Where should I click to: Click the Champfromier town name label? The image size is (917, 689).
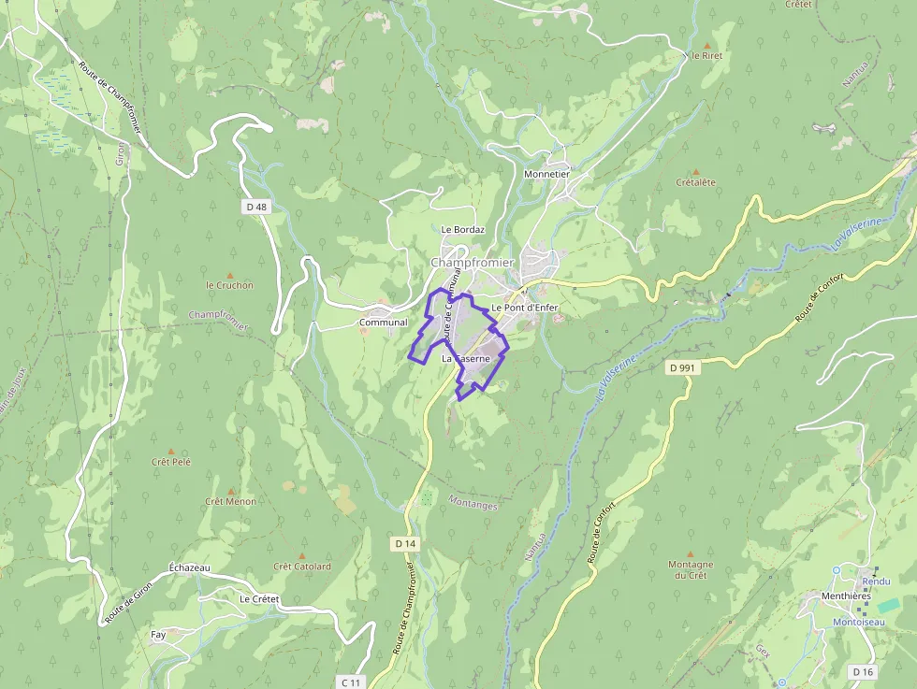pos(472,263)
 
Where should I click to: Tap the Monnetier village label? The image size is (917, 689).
pos(546,174)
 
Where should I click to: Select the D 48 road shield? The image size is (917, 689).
pos(257,207)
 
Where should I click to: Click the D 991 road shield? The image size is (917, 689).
pos(683,368)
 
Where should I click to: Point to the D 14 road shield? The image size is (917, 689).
pos(405,543)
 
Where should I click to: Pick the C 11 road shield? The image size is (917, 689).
pos(351,682)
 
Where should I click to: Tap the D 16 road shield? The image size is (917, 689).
pos(863,671)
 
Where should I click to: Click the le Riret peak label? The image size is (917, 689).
pos(706,55)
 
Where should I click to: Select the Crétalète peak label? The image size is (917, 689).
pos(695,182)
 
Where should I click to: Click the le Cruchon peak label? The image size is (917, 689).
pos(229,285)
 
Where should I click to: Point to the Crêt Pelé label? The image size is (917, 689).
pos(170,462)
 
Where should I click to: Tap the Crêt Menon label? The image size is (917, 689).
pos(230,501)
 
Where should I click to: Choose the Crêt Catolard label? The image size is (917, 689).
pos(302,567)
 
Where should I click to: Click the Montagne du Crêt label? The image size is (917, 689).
pos(691,569)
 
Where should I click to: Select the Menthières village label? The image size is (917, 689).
pos(846,596)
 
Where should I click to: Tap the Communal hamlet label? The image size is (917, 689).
pos(384,323)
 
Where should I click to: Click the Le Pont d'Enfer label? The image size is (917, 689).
pos(524,308)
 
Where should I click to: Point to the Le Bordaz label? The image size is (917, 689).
pos(462,229)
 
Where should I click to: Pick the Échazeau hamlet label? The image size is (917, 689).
pos(190,567)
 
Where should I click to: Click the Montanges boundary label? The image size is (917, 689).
pos(473,503)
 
